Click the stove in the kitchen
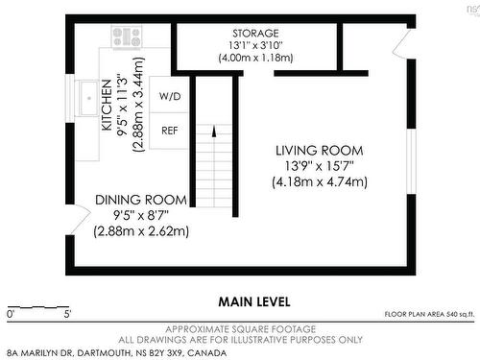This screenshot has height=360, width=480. [x=127, y=36]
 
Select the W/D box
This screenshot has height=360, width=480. [x=170, y=97]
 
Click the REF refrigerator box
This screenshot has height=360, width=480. [x=170, y=130]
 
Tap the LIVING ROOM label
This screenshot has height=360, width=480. [x=319, y=151]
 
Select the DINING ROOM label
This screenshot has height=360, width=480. [x=140, y=200]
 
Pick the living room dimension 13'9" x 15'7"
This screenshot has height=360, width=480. [x=319, y=166]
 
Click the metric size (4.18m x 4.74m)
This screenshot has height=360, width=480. [x=319, y=181]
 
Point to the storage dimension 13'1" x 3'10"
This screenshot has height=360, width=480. [x=254, y=44]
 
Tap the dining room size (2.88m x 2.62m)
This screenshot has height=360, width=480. [x=140, y=230]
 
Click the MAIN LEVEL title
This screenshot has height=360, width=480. [x=254, y=301]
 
